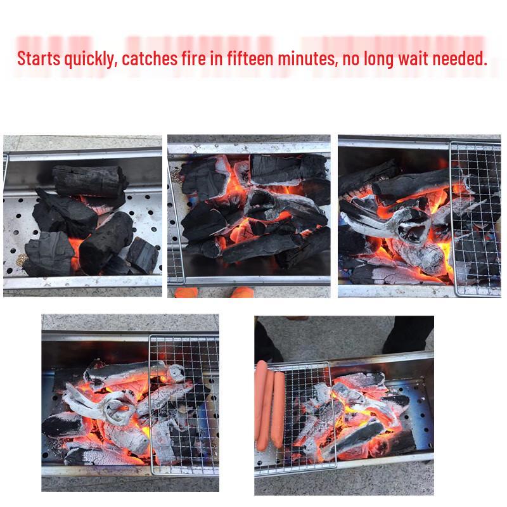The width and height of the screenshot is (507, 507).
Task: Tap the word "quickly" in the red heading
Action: (x=89, y=60)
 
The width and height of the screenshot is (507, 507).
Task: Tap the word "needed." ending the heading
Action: (x=463, y=60)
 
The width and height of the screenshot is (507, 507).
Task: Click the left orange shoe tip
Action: (x=186, y=293)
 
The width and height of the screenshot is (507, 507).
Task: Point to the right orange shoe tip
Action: (x=241, y=293)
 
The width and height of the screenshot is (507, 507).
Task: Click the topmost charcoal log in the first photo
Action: (x=87, y=180)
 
